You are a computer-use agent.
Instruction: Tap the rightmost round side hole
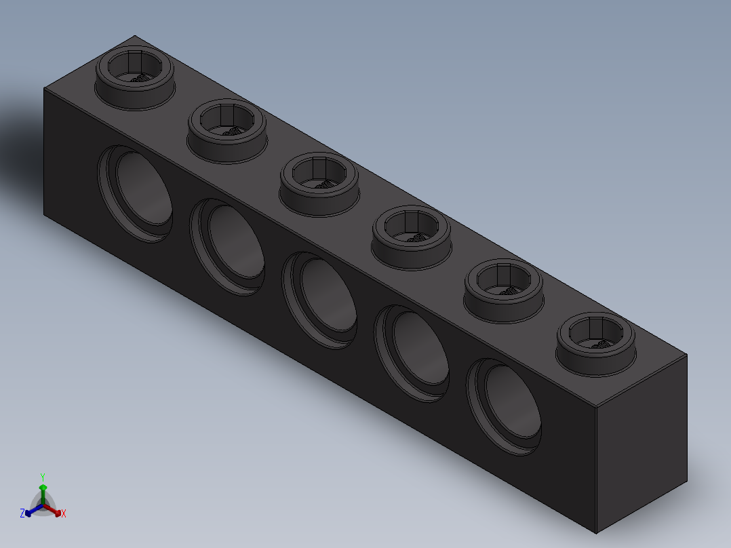click(x=506, y=406)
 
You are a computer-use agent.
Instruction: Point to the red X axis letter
click(x=64, y=513)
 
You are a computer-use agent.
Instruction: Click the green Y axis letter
click(x=43, y=476)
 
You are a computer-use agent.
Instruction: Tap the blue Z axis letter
click(x=22, y=513)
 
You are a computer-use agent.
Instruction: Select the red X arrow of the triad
click(x=56, y=511)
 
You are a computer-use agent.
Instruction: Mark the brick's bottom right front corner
click(x=596, y=533)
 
